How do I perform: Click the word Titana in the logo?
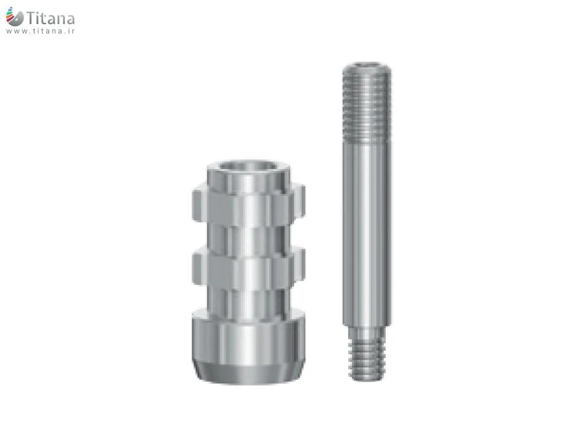tap(51, 18)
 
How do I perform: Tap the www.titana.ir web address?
tap(40, 31)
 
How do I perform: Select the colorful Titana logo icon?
tap(14, 16)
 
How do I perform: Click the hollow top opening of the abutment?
tap(249, 166)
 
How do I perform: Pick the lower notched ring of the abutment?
tap(249, 267)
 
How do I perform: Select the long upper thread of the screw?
tap(367, 103)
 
